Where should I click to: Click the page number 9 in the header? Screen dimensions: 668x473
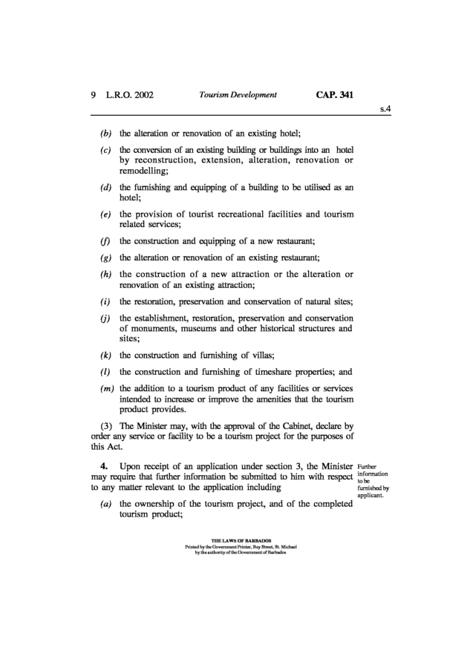(x=94, y=95)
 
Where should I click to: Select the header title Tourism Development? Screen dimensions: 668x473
(x=238, y=95)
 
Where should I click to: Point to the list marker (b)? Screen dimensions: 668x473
(x=106, y=134)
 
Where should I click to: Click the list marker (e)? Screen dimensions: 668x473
(x=106, y=215)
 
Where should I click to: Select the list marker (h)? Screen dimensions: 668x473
(x=106, y=275)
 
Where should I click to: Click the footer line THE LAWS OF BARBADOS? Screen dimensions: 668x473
(x=236, y=540)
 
